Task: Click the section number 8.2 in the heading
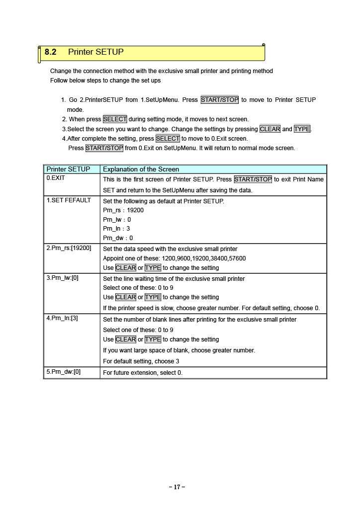click(x=50, y=52)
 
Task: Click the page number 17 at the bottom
click(x=177, y=487)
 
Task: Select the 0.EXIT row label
click(x=55, y=177)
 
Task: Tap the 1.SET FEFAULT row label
click(x=69, y=200)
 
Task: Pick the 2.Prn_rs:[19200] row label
click(x=69, y=248)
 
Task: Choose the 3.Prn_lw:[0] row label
click(x=62, y=278)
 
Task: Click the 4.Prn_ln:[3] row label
click(x=62, y=318)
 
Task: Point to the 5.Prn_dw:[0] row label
click(x=63, y=372)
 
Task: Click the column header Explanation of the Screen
click(x=141, y=169)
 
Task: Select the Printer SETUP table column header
click(x=68, y=169)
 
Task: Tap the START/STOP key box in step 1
click(x=219, y=100)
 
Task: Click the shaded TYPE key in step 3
click(x=302, y=129)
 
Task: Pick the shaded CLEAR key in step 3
click(x=270, y=129)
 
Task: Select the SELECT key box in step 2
click(x=115, y=119)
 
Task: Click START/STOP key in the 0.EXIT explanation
click(x=253, y=179)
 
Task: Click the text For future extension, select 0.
click(x=143, y=372)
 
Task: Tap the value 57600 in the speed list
click(x=237, y=258)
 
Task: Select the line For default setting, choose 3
click(x=141, y=361)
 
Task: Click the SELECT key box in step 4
click(x=168, y=139)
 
